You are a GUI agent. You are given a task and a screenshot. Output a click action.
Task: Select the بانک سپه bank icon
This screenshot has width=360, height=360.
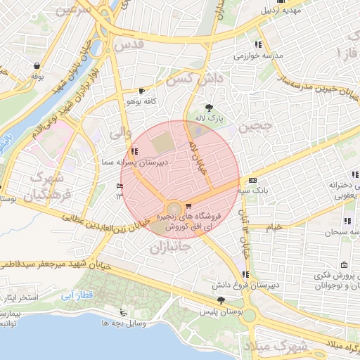pos(252,180)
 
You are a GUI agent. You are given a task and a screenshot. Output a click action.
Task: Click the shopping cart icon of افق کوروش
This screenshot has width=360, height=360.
pos(189,206)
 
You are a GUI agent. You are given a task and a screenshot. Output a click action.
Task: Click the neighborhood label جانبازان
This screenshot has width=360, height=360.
pos(171,247)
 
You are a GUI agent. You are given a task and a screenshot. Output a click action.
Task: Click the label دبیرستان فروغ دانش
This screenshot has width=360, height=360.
pos(245,285)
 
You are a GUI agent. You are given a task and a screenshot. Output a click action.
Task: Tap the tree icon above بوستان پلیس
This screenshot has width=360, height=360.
pos(221,300)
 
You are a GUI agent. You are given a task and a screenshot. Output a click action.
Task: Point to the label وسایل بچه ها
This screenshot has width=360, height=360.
pos(124,323)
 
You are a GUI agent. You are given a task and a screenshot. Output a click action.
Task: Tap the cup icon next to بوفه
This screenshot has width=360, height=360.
pos(35,65)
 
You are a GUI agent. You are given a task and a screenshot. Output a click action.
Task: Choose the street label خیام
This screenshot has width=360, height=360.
pos(274,226)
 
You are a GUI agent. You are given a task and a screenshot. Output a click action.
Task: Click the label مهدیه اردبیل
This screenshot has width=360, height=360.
pos(302,11)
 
